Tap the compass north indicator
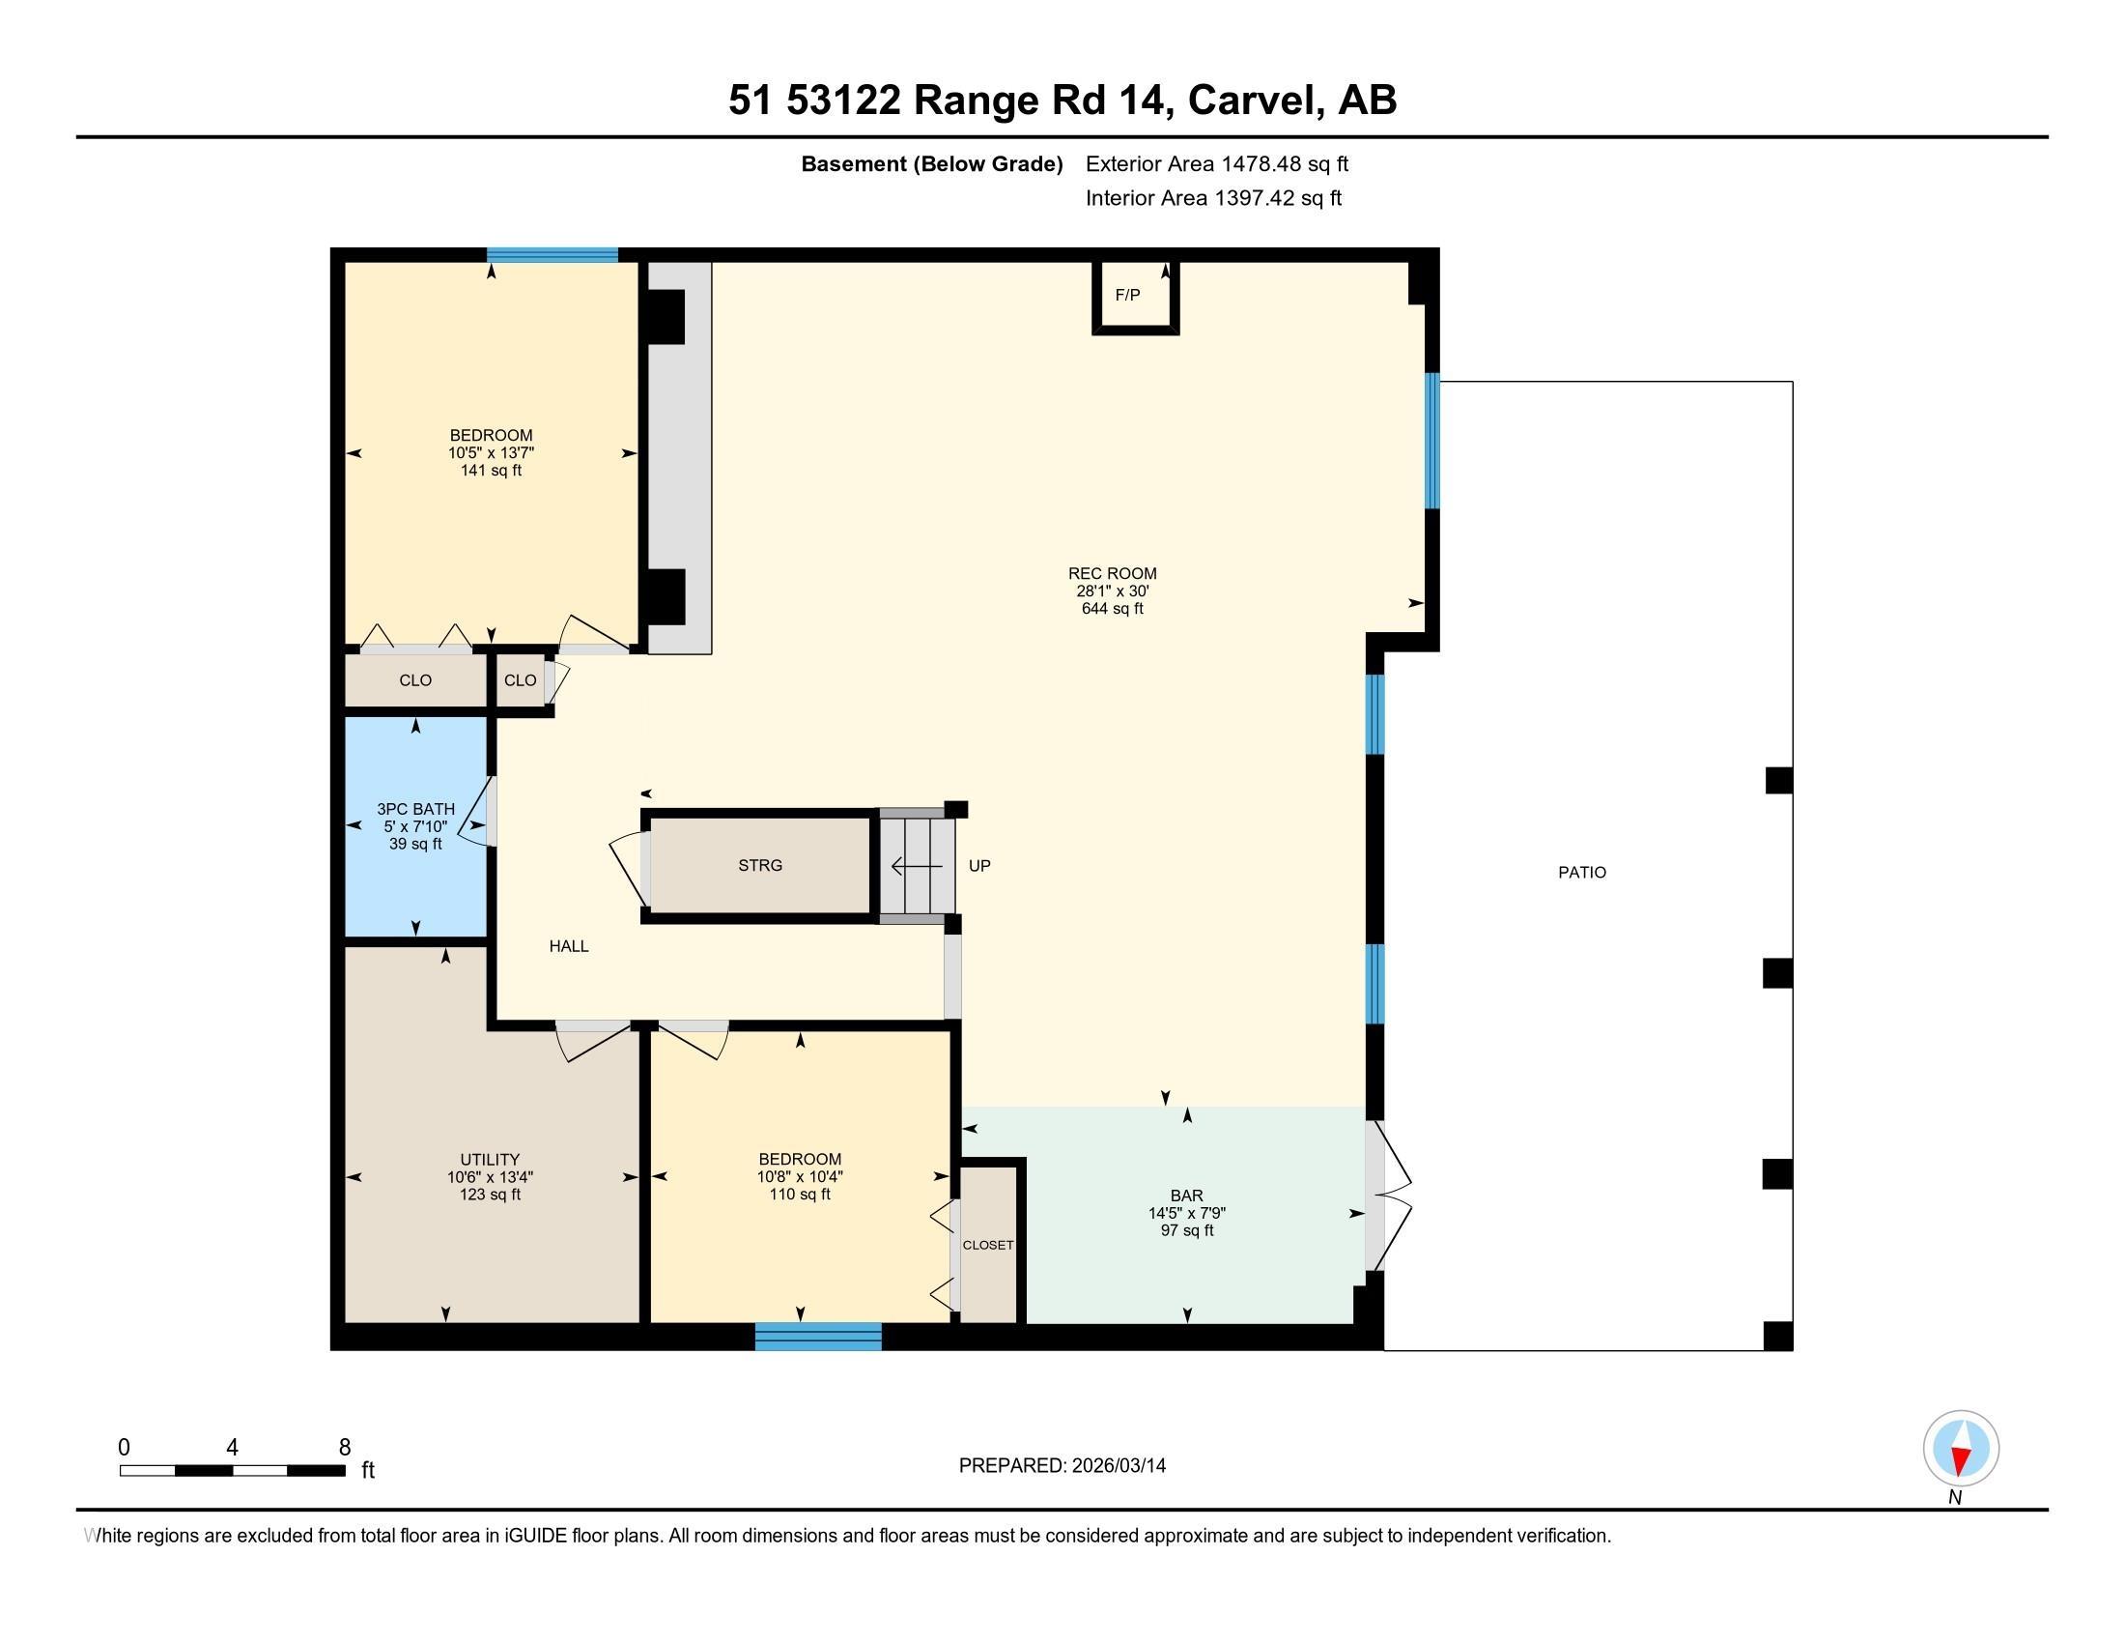pos(1961,1449)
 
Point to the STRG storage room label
pos(760,865)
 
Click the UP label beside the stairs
pos(979,865)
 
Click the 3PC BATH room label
pos(415,809)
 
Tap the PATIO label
pos(1582,872)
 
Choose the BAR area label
pos(1187,1196)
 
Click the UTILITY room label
pos(490,1159)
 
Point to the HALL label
pos(569,946)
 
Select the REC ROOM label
pos(1112,573)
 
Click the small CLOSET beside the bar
pos(988,1245)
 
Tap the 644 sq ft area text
pos(1112,608)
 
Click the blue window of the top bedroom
pos(552,255)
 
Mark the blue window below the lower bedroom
pos(818,1337)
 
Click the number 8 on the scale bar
pos(345,1448)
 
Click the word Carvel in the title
pos(1255,101)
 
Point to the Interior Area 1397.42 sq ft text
pos(1213,198)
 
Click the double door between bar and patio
pos(1386,1196)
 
